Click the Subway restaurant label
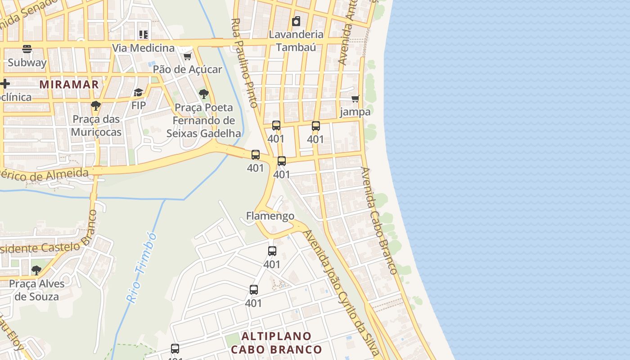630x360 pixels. [x=27, y=63]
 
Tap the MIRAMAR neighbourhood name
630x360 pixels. [x=69, y=84]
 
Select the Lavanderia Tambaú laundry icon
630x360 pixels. [x=296, y=21]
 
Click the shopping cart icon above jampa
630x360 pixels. [x=355, y=99]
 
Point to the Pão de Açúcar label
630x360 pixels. [x=187, y=69]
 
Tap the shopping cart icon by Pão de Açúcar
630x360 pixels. [x=187, y=56]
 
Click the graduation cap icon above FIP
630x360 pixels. [x=138, y=93]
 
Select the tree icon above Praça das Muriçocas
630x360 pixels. [x=95, y=106]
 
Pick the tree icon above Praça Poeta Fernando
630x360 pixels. [x=203, y=94]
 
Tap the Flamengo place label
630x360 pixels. [x=270, y=216]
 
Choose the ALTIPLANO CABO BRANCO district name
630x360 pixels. [x=276, y=343]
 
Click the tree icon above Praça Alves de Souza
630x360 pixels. [x=36, y=270]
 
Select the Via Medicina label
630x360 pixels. [x=143, y=48]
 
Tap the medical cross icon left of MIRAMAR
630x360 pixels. [x=5, y=84]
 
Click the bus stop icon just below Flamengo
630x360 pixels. [x=272, y=251]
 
